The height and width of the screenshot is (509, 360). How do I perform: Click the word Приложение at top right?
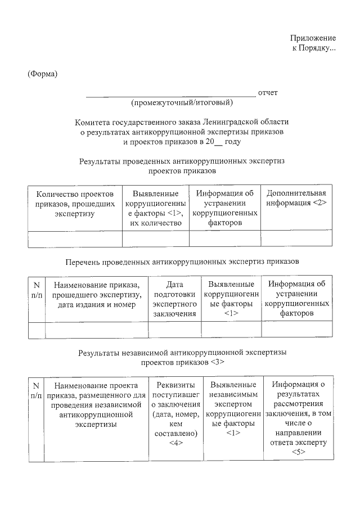[x=313, y=38]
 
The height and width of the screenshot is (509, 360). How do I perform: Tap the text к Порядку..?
[x=313, y=48]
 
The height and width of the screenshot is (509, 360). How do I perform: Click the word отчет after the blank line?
[x=268, y=92]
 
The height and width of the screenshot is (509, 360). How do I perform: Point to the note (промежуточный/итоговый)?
[x=182, y=103]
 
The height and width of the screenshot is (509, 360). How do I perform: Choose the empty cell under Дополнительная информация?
[x=296, y=239]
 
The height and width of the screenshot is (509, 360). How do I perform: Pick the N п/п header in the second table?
[x=37, y=290]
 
